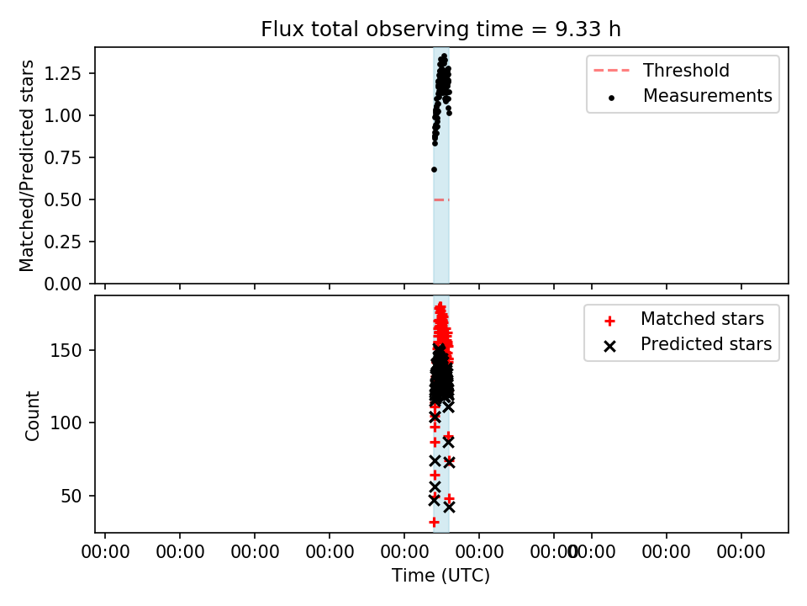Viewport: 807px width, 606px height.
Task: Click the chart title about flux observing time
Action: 440,29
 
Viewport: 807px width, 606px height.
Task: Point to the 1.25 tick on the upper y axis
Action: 63,73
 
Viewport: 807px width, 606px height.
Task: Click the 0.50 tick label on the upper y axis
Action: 63,199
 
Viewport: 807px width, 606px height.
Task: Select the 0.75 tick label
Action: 63,157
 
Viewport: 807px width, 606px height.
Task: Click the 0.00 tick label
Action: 63,284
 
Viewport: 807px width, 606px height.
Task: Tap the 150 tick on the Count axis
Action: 66,350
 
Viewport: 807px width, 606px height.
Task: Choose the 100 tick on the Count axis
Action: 66,423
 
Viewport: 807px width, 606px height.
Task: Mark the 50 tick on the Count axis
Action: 71,497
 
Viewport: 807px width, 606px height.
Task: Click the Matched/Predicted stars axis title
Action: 26,166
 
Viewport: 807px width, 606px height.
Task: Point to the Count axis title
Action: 32,416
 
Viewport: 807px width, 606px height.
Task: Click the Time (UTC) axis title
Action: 440,576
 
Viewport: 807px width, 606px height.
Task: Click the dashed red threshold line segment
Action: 441,199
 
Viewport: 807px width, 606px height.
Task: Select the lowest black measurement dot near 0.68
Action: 434,169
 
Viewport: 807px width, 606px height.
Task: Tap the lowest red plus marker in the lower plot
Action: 434,522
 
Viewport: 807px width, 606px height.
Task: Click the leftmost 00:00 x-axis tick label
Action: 106,552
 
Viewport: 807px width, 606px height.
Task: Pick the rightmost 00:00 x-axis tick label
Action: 741,552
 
